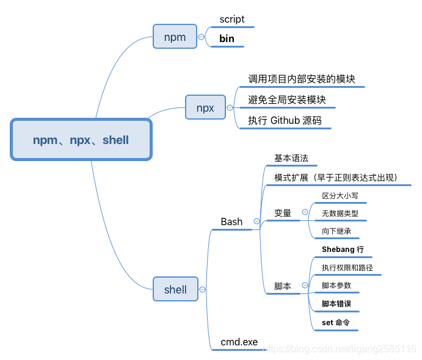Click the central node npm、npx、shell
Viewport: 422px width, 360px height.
[81, 140]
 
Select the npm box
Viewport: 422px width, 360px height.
[175, 37]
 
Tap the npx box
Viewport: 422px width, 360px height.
[205, 108]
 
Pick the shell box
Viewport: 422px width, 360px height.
[175, 289]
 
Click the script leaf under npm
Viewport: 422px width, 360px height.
[232, 20]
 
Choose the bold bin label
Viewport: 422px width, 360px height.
[227, 39]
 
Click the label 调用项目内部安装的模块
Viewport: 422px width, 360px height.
[302, 79]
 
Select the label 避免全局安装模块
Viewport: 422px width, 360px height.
[287, 99]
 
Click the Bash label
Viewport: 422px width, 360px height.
[231, 222]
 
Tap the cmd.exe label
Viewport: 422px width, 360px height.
[239, 342]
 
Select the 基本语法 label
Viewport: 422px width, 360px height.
[291, 158]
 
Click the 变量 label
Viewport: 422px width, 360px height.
[283, 213]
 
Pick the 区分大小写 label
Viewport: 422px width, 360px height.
[340, 196]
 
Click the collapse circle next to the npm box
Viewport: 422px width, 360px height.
[202, 37]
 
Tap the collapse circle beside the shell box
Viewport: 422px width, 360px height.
[202, 289]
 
